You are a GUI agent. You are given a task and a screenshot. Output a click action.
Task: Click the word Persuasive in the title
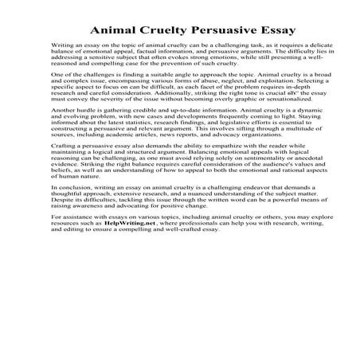click(x=205, y=32)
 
